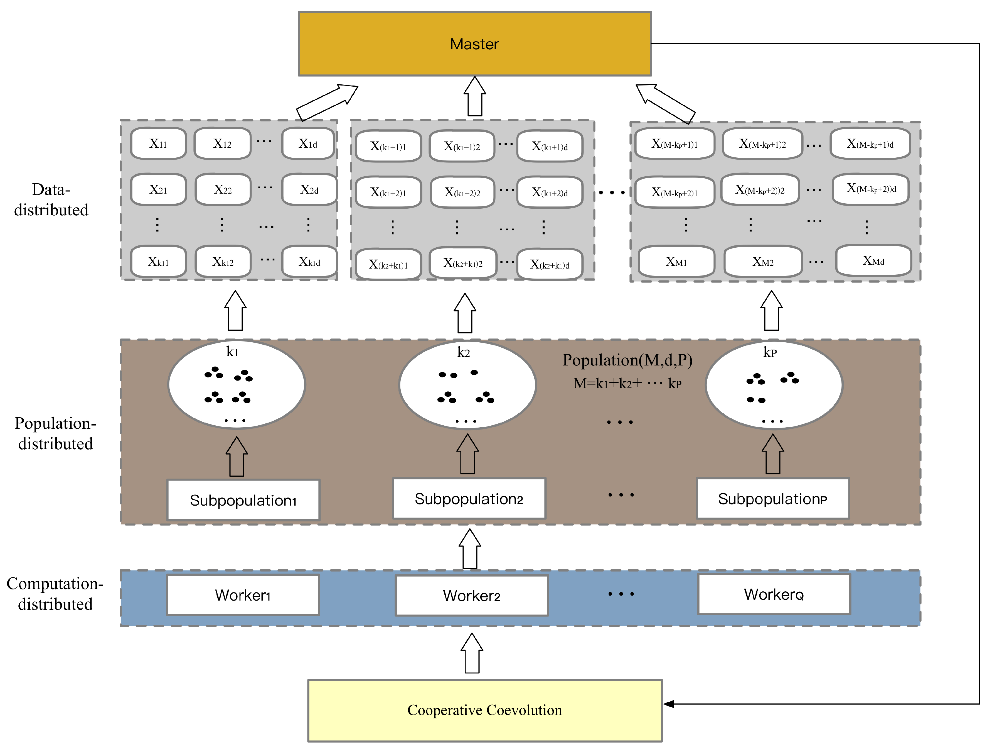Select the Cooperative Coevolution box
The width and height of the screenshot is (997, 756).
click(484, 710)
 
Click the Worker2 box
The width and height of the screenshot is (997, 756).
click(471, 596)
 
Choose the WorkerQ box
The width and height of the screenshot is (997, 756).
click(774, 594)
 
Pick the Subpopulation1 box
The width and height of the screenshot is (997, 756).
click(243, 500)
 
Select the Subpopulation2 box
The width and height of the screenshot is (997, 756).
click(469, 498)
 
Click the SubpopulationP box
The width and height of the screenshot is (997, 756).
click(772, 498)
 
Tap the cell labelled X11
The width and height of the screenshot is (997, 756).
click(158, 143)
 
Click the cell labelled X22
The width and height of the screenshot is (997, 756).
click(223, 189)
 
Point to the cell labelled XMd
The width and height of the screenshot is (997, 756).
click(873, 261)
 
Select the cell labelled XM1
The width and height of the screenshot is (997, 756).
click(676, 262)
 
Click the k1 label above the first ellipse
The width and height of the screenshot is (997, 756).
click(232, 352)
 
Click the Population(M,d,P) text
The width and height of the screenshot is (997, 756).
click(627, 360)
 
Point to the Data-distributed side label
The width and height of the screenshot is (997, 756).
click(51, 199)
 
